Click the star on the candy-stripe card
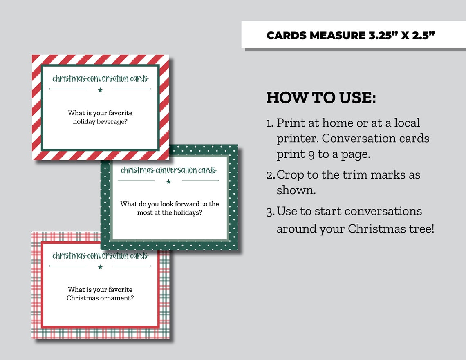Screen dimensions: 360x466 coord(100,90)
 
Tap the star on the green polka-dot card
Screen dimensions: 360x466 coord(168,181)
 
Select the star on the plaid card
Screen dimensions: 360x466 coord(100,267)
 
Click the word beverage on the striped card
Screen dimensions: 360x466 coord(113,122)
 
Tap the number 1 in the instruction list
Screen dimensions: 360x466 coord(269,123)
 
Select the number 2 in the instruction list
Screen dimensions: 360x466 coord(270,175)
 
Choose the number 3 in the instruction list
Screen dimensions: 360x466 coord(270,212)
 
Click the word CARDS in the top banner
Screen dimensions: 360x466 coord(286,36)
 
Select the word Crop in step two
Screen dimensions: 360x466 coord(290,175)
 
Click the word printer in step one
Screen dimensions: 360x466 coord(297,139)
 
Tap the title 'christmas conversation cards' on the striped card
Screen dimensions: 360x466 coord(100,78)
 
